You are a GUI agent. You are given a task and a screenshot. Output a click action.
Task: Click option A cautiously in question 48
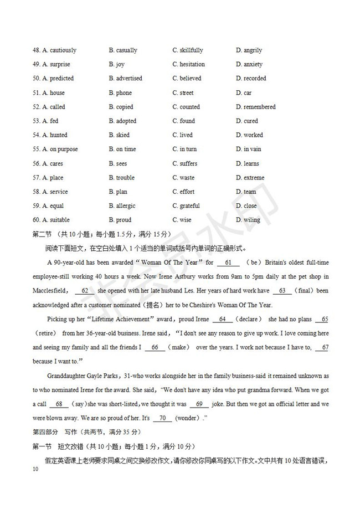[55, 50]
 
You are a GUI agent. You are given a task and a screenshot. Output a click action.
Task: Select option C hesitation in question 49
[188, 64]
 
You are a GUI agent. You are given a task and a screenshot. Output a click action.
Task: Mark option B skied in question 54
[119, 135]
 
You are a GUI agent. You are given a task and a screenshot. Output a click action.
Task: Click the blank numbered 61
[228, 262]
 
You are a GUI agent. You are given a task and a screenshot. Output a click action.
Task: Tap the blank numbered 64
[222, 319]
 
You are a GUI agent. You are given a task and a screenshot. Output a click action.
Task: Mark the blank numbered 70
[162, 418]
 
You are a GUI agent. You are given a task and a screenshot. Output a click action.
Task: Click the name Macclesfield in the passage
[49, 290]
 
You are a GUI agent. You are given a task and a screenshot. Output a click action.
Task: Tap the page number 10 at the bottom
[35, 470]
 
